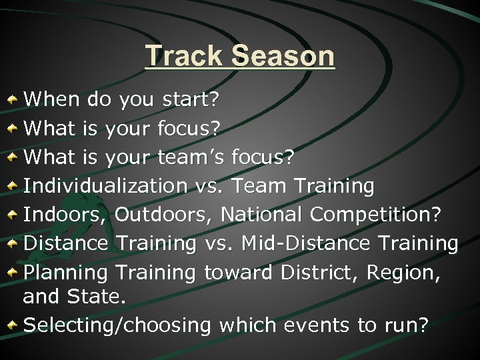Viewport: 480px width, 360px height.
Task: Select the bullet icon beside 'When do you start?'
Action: pyautogui.click(x=13, y=100)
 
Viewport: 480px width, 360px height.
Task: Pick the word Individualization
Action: pyautogui.click(x=105, y=186)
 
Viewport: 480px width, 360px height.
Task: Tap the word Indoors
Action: pyautogui.click(x=65, y=215)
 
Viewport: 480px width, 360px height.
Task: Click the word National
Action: pyautogui.click(x=262, y=215)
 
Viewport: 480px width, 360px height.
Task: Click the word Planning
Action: pyautogui.click(x=66, y=273)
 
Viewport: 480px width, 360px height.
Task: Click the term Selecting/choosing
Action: pyautogui.click(x=117, y=325)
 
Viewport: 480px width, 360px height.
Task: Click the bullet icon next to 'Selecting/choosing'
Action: pyautogui.click(x=13, y=325)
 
